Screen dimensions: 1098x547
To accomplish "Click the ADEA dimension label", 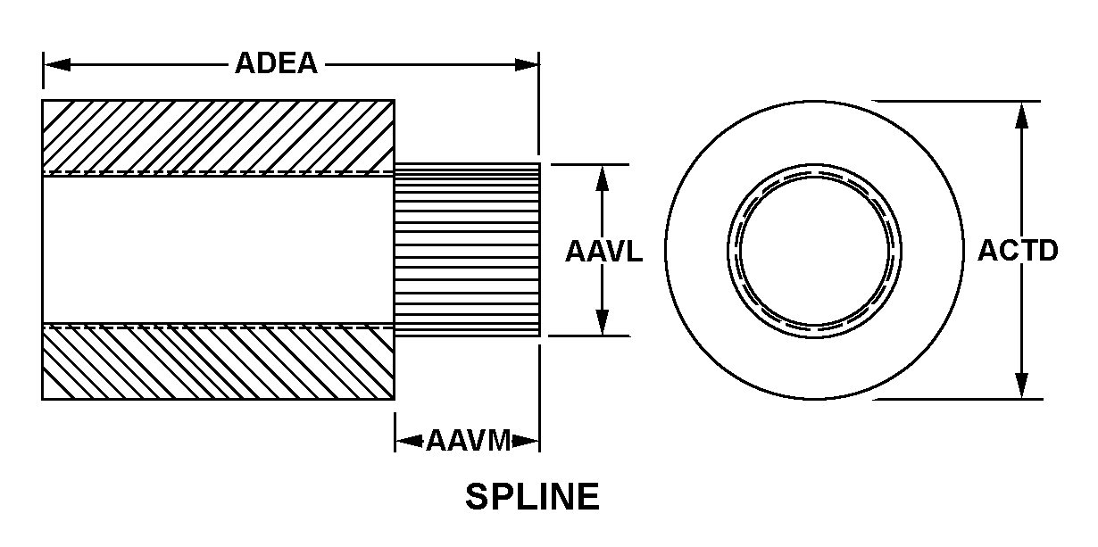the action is [x=277, y=63].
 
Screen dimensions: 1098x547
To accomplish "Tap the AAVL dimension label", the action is [x=603, y=251].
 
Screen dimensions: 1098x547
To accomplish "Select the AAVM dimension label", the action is [x=469, y=440].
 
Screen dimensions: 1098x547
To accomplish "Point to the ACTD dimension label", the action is [x=1018, y=251].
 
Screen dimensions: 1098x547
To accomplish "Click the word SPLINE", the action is [x=532, y=496].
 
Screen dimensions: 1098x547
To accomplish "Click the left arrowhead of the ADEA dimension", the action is [x=57, y=65].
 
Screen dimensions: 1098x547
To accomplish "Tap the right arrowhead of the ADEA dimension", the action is [x=526, y=65].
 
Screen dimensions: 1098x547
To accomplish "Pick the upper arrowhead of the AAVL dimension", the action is [x=603, y=178].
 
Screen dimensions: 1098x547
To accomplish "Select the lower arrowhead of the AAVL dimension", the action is [x=603, y=322].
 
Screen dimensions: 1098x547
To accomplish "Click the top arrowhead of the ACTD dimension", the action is [x=1021, y=116].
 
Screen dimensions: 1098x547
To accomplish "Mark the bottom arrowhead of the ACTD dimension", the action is [x=1021, y=385].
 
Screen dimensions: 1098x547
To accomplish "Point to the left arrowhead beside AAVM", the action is [x=410, y=441].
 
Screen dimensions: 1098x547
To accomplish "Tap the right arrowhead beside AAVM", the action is [x=526, y=441].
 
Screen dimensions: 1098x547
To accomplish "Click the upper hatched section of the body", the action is [x=218, y=137].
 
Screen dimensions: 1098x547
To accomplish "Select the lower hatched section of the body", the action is [x=218, y=362].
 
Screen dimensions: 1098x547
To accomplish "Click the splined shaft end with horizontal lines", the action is [x=467, y=250].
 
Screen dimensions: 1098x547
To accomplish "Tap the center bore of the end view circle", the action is [x=814, y=251].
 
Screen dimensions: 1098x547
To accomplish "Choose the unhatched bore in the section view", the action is [x=218, y=250].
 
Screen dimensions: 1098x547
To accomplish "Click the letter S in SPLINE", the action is [x=476, y=496].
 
